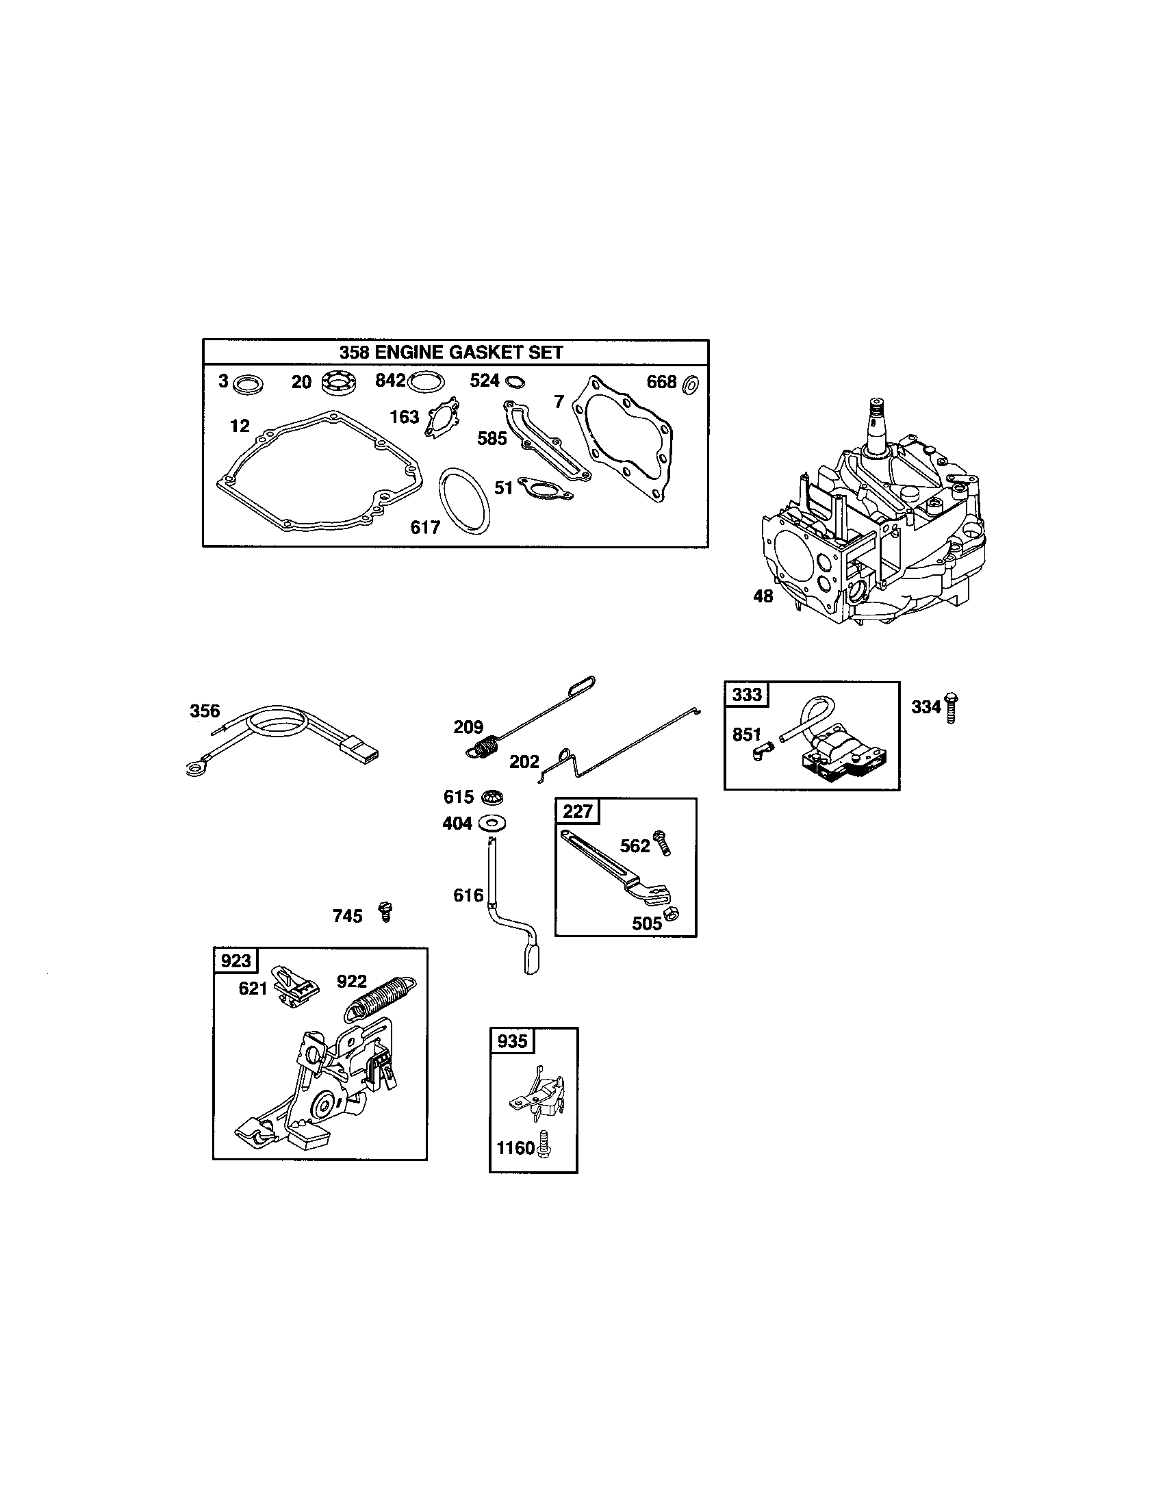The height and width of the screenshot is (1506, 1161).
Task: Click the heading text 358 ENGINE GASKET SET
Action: coord(451,353)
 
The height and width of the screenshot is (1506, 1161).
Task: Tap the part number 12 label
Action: coord(239,426)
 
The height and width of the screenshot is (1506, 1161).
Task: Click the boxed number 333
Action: coord(747,694)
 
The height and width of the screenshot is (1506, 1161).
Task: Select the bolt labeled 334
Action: coord(952,708)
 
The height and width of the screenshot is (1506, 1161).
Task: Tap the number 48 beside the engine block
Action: coord(763,596)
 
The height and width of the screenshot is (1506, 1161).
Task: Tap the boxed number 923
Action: coord(235,960)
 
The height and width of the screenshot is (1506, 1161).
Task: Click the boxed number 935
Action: coord(512,1041)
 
